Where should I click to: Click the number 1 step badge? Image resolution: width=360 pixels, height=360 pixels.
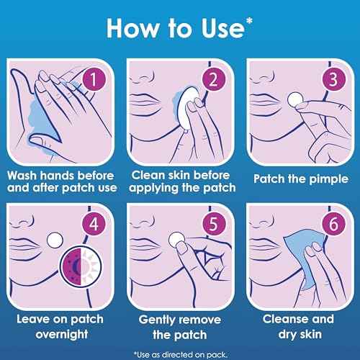click(94, 79)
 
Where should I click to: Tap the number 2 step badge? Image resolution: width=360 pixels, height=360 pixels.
click(214, 79)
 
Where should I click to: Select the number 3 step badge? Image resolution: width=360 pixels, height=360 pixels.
click(333, 79)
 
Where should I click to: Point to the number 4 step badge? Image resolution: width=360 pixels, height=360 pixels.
click(94, 224)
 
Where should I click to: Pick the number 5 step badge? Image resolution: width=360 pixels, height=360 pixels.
click(214, 224)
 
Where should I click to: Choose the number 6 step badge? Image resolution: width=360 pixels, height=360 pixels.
click(333, 224)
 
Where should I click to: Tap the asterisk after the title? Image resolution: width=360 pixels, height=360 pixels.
click(249, 21)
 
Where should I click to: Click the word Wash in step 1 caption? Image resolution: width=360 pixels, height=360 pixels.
click(22, 176)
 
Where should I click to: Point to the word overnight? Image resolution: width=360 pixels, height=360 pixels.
click(62, 334)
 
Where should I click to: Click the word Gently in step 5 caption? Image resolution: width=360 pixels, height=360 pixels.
click(157, 320)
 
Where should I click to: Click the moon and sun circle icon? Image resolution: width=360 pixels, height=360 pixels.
click(81, 266)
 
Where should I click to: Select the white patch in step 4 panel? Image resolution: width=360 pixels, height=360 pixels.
click(55, 240)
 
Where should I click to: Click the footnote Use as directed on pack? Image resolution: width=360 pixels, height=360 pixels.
click(181, 354)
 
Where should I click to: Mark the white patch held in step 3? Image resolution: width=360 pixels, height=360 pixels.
click(295, 99)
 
